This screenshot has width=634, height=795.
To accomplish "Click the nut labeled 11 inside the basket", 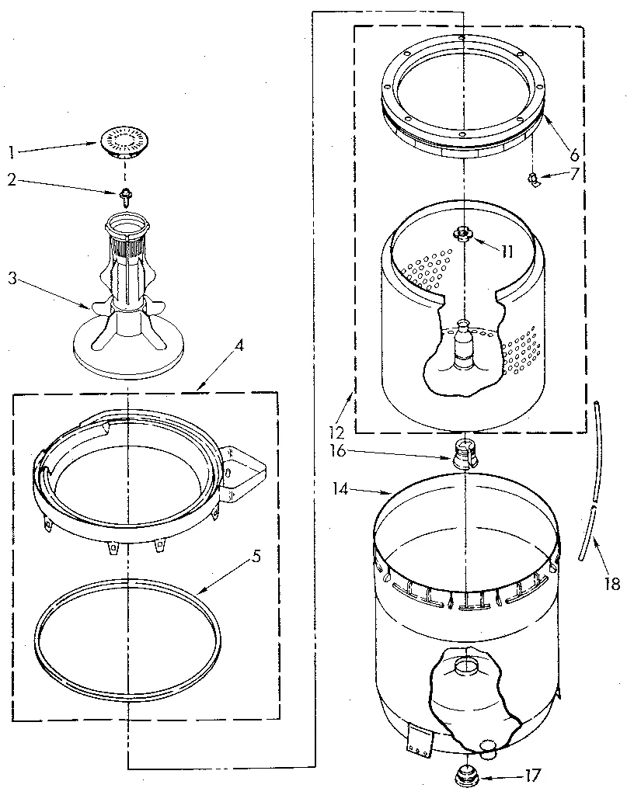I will pos(462,232).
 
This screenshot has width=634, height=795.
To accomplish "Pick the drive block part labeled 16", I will pos(463,453).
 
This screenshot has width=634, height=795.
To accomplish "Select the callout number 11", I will pos(507,252).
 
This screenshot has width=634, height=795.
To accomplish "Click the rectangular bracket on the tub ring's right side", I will pos(244,470).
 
